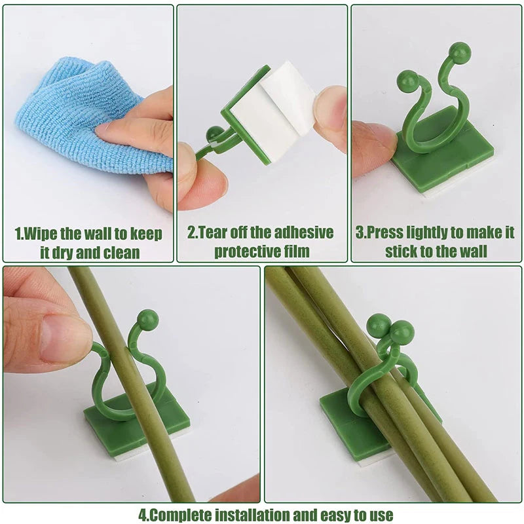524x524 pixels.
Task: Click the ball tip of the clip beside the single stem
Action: (x=148, y=319)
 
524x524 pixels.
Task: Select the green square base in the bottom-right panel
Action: (x=347, y=432)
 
